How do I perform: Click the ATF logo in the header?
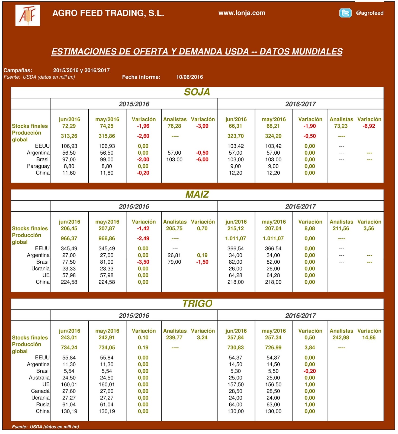point(28,15)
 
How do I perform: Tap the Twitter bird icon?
point(345,13)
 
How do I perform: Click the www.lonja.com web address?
point(242,13)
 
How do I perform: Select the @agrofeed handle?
point(370,13)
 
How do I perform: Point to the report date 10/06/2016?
point(190,77)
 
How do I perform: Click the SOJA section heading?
point(197,92)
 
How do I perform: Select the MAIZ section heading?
point(197,194)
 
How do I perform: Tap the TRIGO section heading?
point(197,304)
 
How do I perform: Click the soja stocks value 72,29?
point(69,126)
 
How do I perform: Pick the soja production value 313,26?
point(69,136)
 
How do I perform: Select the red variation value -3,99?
point(202,126)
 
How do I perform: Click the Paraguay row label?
point(38,166)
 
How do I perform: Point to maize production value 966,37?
point(69,239)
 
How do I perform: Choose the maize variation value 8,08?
point(310,229)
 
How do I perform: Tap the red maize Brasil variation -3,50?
point(143,262)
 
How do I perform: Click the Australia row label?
point(39,378)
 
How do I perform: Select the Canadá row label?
point(40,391)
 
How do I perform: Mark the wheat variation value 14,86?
point(369,338)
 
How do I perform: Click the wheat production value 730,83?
point(236,348)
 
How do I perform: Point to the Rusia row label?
point(43,405)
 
